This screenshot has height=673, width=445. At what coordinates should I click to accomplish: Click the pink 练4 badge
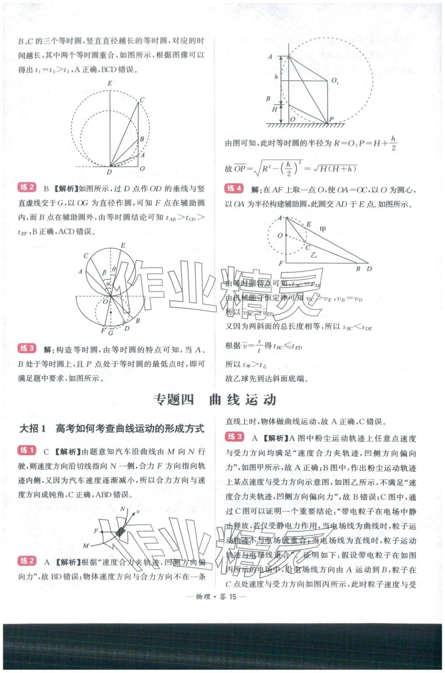(234, 188)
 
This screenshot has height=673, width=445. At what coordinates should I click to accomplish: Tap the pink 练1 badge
(27, 450)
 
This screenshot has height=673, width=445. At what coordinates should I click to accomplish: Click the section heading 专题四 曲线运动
(215, 400)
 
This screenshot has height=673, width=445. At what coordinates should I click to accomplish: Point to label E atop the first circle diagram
(110, 83)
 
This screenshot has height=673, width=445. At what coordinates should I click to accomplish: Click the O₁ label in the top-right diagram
(335, 81)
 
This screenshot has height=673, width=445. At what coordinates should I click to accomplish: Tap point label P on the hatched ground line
(331, 120)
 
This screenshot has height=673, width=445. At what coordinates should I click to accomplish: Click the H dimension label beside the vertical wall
(275, 109)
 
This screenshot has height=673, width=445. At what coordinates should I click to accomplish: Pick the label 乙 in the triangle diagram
(314, 255)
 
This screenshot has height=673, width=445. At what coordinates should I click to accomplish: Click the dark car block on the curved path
(121, 532)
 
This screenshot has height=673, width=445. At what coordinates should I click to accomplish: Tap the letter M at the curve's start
(86, 546)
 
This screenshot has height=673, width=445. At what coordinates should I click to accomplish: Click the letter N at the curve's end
(123, 509)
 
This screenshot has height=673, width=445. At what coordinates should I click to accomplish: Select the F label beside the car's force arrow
(96, 531)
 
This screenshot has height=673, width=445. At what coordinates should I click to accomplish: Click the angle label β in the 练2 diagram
(104, 273)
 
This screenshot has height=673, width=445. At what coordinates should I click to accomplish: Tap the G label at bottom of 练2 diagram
(111, 333)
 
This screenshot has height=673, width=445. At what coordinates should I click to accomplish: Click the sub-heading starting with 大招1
(112, 428)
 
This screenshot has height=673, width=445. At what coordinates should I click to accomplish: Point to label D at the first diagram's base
(109, 172)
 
